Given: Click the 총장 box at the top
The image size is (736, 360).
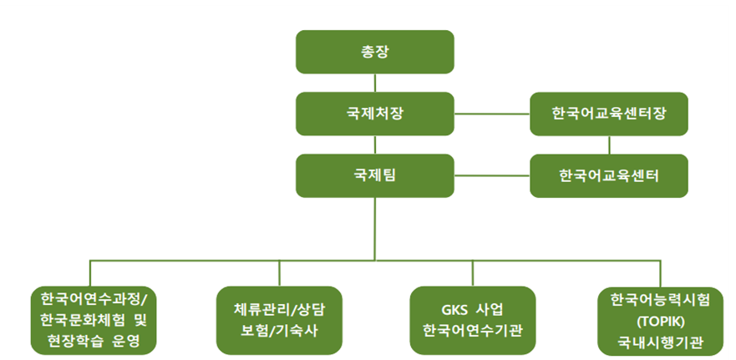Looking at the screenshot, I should tap(375, 52).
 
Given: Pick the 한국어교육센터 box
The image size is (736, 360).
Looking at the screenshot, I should tap(609, 175).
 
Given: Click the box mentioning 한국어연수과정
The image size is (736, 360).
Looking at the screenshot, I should tap(93, 320).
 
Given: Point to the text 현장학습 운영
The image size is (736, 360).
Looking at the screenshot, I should tap(93, 341).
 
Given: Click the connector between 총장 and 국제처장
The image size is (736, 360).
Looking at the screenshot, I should tap(375, 83).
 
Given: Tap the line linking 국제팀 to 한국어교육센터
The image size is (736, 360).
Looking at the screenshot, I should tap(492, 175).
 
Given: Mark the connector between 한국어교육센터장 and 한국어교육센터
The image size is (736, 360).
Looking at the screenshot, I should tap(609, 145).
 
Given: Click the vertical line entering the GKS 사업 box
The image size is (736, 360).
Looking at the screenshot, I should tap(473, 273).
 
